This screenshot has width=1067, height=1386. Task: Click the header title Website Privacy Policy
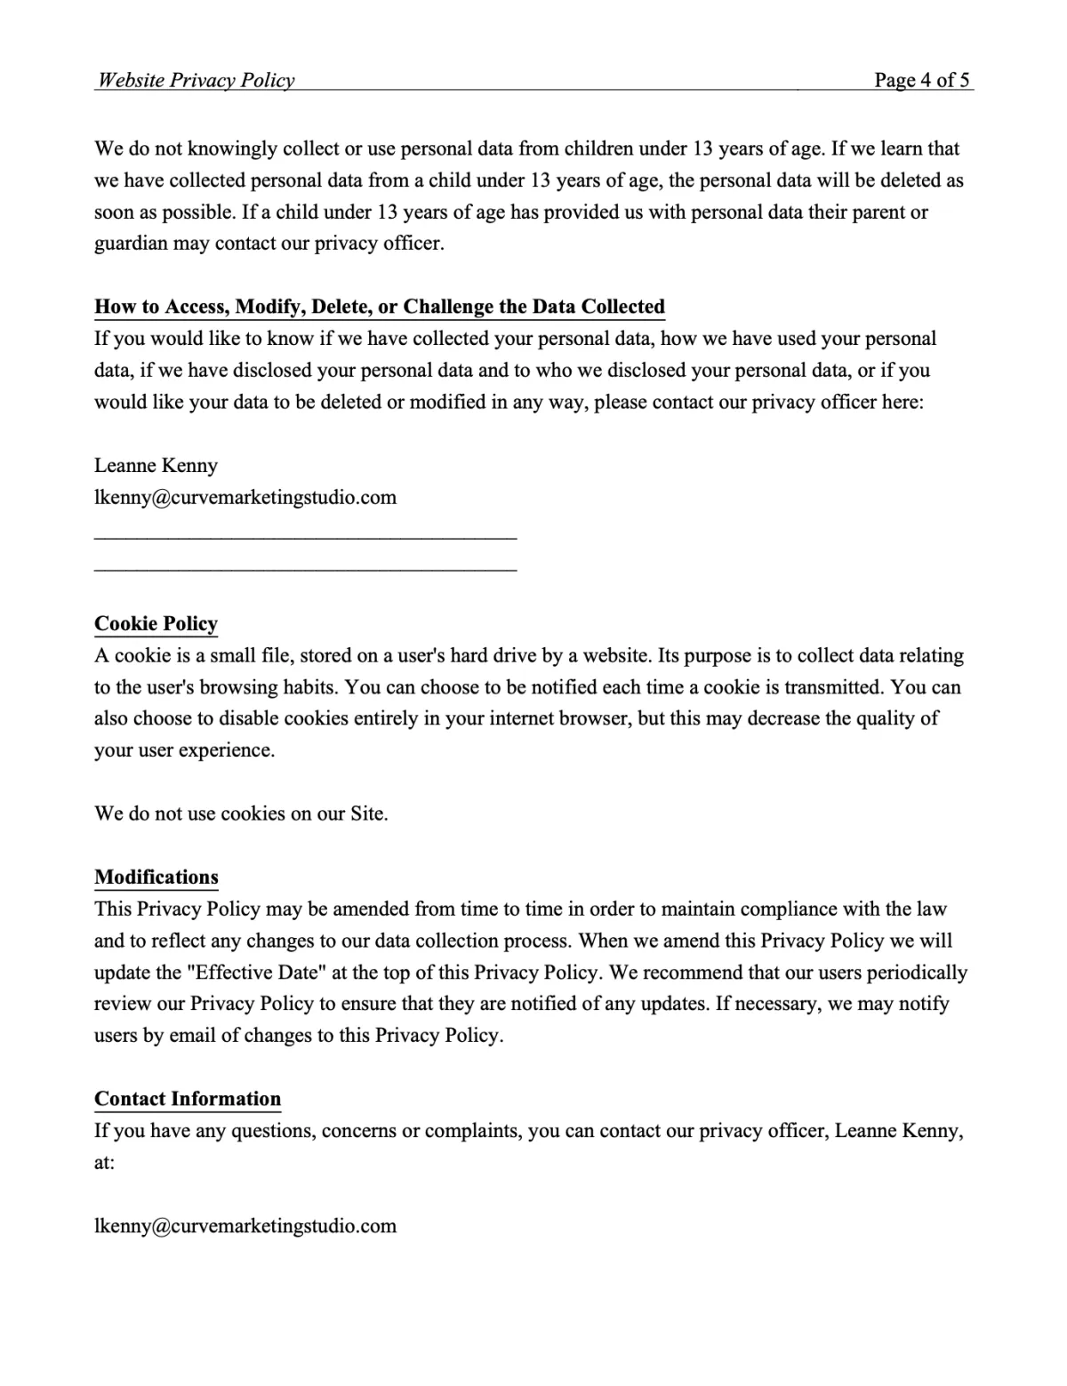pos(196,80)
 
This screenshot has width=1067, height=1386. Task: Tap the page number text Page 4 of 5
pos(921,80)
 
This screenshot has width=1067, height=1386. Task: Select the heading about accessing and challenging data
pos(380,307)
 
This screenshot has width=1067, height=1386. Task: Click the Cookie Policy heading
pos(156,624)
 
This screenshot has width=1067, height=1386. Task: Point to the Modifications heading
pos(156,877)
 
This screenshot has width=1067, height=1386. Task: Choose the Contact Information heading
pos(188,1099)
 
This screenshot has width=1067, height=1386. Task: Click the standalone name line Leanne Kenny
pos(156,466)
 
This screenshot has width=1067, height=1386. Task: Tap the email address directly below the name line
pos(245,497)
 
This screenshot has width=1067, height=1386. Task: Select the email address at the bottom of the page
pos(245,1226)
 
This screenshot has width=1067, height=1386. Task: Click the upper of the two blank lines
pos(305,537)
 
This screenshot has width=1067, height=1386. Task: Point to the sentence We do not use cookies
pos(241,813)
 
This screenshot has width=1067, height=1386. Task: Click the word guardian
pos(131,244)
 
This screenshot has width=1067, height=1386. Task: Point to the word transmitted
pos(828,687)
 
